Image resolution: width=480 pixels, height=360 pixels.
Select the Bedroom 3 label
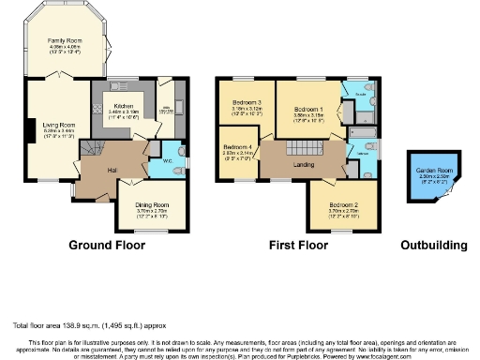(247, 102)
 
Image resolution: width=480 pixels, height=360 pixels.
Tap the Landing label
(302, 166)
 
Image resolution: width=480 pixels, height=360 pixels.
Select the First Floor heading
(298, 246)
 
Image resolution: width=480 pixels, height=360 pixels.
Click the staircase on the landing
(302, 146)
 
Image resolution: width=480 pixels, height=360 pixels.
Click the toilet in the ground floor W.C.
(179, 149)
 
